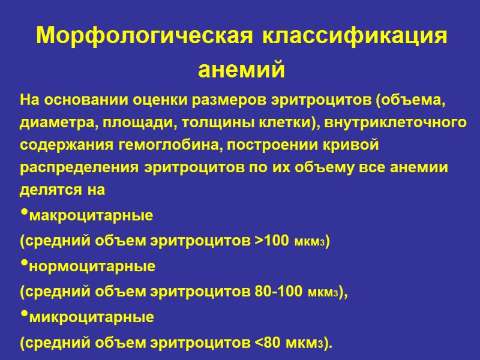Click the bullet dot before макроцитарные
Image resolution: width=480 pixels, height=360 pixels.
pyautogui.click(x=24, y=214)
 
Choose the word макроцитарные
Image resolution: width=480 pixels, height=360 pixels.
pyautogui.click(x=91, y=214)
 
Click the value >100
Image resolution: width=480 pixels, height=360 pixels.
pyautogui.click(x=274, y=240)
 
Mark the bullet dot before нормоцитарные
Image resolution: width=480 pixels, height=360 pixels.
pyautogui.click(x=24, y=265)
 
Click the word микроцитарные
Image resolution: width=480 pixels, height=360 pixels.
pyautogui.click(x=91, y=317)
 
